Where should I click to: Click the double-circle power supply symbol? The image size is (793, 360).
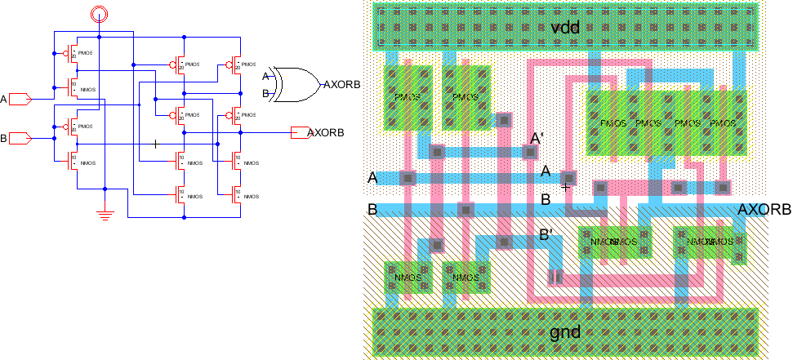[x=98, y=12]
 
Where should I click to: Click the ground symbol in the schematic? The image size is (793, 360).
[x=105, y=214]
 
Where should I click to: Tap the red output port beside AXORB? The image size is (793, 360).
[x=300, y=132]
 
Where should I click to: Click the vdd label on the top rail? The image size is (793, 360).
[x=565, y=28]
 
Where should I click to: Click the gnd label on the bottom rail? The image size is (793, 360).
[x=565, y=331]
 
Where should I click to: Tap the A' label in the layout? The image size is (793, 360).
[x=537, y=140]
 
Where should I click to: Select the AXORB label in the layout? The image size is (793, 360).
[x=764, y=210]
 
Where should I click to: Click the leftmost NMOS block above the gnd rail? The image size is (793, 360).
[x=408, y=278]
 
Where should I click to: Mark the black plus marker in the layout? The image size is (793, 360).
[x=565, y=187]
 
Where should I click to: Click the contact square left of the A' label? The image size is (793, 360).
[x=527, y=151]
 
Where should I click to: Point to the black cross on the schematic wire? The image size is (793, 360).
[x=155, y=144]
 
